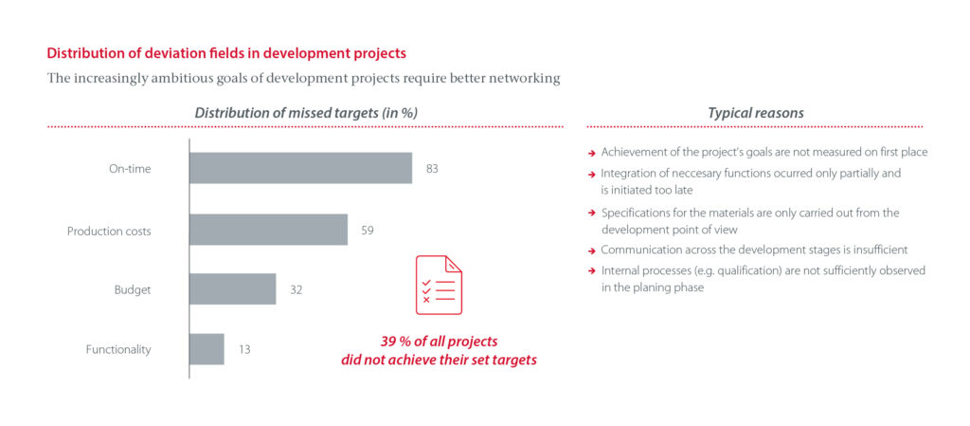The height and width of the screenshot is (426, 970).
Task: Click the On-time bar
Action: (300, 168)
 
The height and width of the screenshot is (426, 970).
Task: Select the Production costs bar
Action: (268, 230)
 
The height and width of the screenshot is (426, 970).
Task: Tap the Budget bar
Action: (232, 289)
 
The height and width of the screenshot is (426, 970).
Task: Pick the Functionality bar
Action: (207, 349)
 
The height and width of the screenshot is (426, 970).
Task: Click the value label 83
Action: (433, 169)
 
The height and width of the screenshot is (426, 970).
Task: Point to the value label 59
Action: (368, 230)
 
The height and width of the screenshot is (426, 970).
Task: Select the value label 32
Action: (296, 289)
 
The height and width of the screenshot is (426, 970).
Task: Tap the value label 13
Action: (244, 349)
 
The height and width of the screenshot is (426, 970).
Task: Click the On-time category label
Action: (130, 169)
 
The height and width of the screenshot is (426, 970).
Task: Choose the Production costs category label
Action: (109, 231)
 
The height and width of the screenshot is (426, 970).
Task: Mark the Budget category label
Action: (133, 289)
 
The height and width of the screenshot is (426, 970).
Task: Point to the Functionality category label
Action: (118, 349)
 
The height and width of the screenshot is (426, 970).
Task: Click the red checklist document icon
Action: (439, 286)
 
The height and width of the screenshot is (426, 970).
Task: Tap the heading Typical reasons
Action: (756, 113)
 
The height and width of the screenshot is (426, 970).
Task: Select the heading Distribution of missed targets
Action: (306, 113)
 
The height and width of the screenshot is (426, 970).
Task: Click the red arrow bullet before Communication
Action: (591, 250)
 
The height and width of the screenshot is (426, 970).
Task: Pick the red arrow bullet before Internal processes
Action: (591, 271)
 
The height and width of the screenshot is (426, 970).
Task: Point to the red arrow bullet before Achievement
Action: (591, 153)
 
